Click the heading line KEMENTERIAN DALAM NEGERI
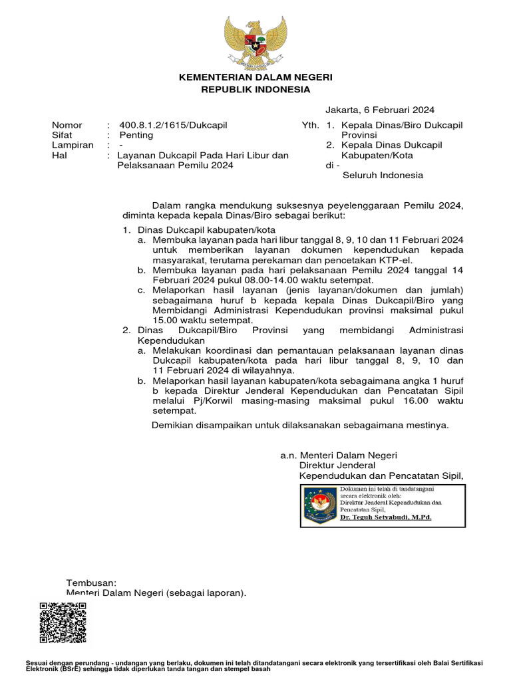tap(255, 78)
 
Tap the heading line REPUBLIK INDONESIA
tap(255, 89)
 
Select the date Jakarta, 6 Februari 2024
tap(380, 110)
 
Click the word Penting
tap(136, 135)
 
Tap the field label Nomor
tap(67, 125)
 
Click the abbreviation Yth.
tap(310, 125)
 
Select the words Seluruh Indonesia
tap(383, 176)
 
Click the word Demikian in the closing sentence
tap(174, 425)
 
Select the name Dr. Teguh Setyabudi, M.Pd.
tap(385, 516)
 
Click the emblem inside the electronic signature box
tap(320, 504)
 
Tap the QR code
tap(63, 622)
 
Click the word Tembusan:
tap(91, 582)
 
